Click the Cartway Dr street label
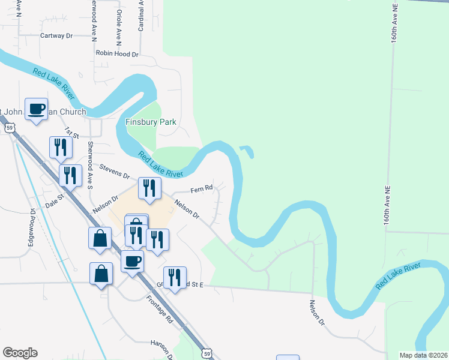point(56,36)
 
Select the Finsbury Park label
point(151,122)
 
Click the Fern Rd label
point(202,189)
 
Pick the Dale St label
point(55,200)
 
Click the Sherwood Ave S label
point(90,157)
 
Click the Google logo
point(20,353)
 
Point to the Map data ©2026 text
point(423,355)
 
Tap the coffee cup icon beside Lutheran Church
point(36,109)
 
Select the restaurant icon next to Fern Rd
point(149,188)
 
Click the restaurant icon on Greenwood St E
point(175,277)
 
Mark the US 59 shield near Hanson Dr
point(206,353)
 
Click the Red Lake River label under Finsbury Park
point(160,165)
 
